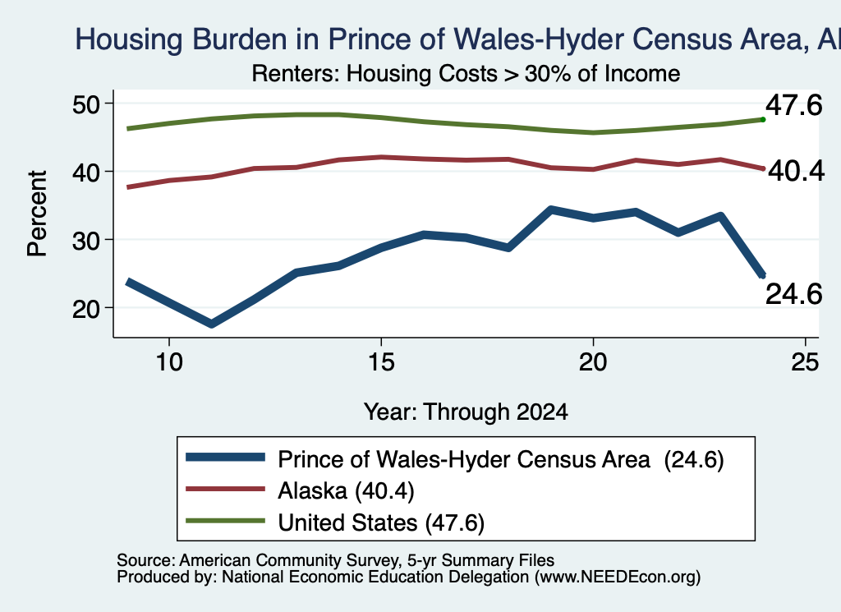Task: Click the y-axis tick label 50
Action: pyautogui.click(x=85, y=104)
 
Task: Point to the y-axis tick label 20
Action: pyautogui.click(x=85, y=308)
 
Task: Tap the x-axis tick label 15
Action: pyautogui.click(x=381, y=362)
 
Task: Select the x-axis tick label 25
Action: pyautogui.click(x=805, y=362)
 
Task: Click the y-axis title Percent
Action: pyautogui.click(x=37, y=214)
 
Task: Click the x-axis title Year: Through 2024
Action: pyautogui.click(x=466, y=412)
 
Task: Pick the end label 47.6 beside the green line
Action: pyautogui.click(x=794, y=104)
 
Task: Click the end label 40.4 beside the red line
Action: pyautogui.click(x=796, y=171)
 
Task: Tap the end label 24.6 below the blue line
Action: pyautogui.click(x=794, y=294)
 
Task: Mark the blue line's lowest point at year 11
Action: pyautogui.click(x=211, y=324)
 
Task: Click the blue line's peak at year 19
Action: pyautogui.click(x=551, y=209)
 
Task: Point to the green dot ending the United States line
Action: pyautogui.click(x=763, y=120)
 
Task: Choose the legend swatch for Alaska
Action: pyautogui.click(x=225, y=489)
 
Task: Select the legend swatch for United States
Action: pyautogui.click(x=225, y=521)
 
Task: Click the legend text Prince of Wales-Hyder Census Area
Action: pyautogui.click(x=464, y=460)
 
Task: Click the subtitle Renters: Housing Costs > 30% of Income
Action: pyautogui.click(x=466, y=73)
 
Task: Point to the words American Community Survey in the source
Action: pyautogui.click(x=289, y=560)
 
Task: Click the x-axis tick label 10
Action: pyautogui.click(x=169, y=362)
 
